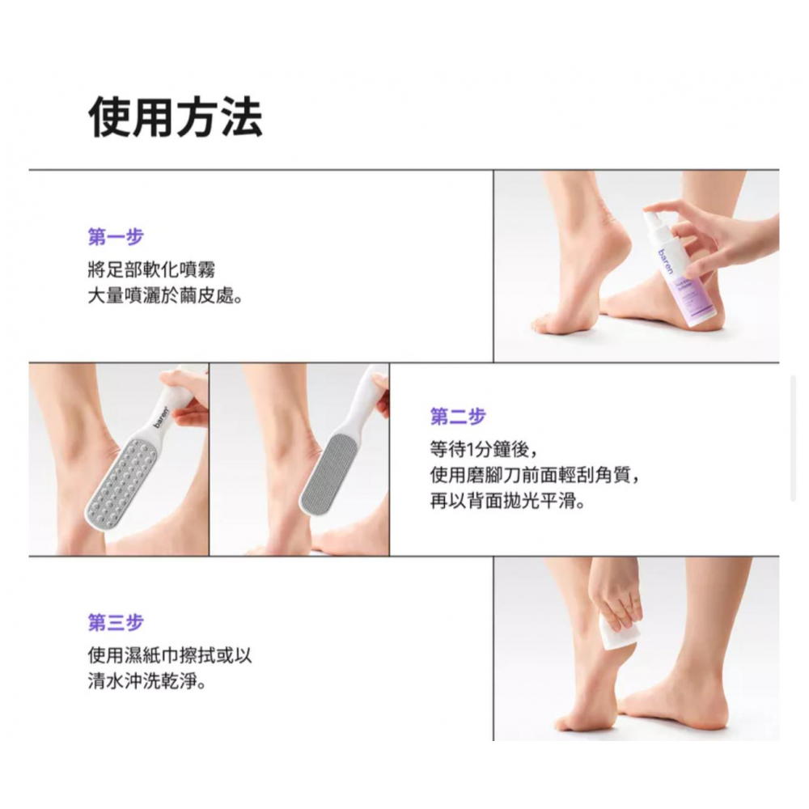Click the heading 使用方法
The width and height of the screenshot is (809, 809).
coord(176,118)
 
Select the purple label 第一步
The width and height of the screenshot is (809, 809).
coord(116,237)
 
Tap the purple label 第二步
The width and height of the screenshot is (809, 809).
coord(458,417)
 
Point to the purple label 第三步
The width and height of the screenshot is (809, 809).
coord(116,623)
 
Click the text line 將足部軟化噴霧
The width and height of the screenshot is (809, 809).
coord(152,270)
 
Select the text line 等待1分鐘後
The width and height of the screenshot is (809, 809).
coord(485,449)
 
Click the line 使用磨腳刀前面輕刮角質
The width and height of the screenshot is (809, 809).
coord(535,475)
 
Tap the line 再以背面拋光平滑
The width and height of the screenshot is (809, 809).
coord(508,501)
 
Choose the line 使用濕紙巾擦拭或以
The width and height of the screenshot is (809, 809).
coord(170,656)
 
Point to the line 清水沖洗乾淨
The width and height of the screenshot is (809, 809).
coord(147,681)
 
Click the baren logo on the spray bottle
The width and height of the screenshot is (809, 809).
coord(667,262)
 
